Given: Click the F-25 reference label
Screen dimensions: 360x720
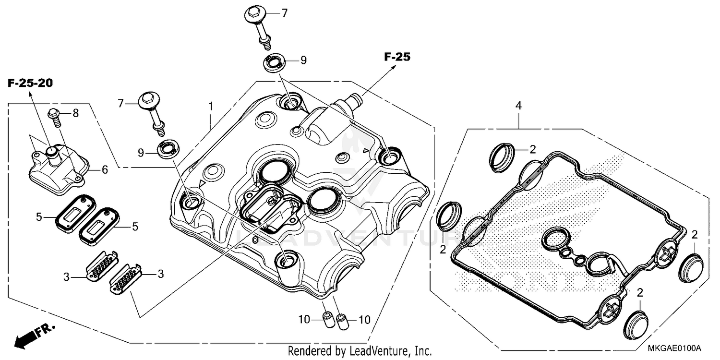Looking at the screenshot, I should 397,57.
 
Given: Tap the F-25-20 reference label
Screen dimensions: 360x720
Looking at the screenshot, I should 30,83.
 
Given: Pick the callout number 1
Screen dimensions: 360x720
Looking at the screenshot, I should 210,105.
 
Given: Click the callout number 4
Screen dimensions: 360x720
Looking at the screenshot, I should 518,105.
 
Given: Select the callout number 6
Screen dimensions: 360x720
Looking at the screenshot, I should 105,169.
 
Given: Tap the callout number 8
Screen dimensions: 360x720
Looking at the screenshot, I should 75,113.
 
